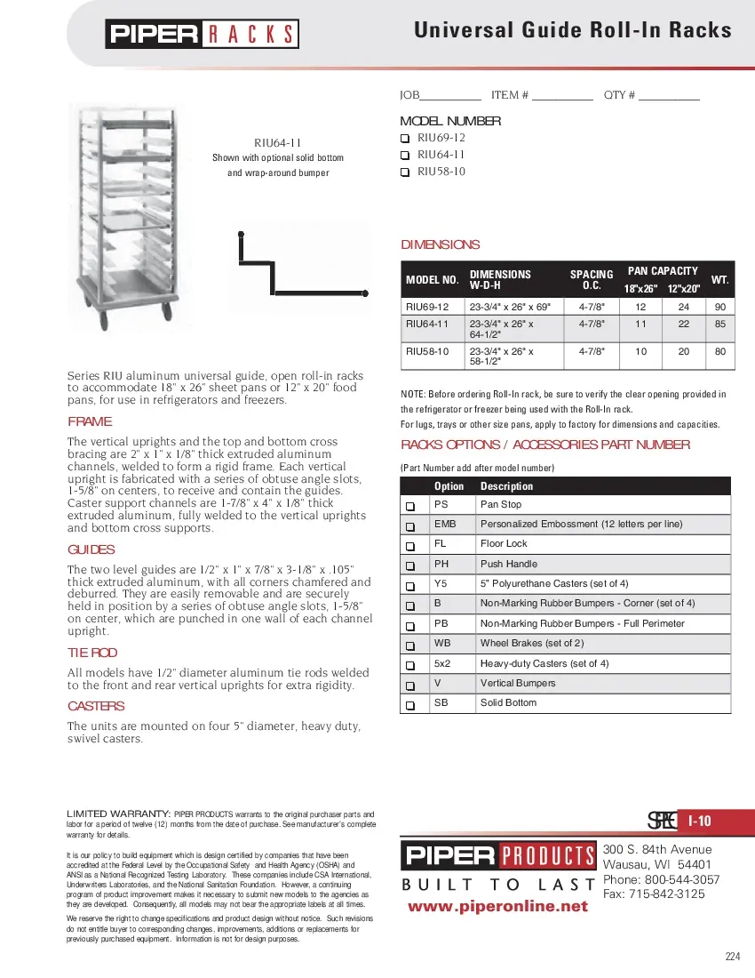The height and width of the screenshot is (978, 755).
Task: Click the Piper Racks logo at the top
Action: pos(203,34)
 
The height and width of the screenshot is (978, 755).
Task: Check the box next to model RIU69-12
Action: pos(404,139)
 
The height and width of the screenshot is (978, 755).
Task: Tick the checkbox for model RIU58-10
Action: pos(404,172)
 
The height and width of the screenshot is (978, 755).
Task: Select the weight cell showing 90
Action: pos(719,307)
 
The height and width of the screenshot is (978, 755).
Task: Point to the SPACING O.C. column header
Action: pos(592,280)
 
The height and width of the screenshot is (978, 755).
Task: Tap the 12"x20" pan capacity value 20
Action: pos(684,351)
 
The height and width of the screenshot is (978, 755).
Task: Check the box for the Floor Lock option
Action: pos(410,545)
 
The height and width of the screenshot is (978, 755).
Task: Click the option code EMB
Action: pos(444,524)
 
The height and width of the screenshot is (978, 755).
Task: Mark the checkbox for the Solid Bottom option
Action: pos(410,704)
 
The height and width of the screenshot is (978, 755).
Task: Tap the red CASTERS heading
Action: pos(96,706)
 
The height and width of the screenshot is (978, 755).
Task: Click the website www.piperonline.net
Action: pos(497,906)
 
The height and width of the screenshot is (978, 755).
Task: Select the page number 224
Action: pos(732,957)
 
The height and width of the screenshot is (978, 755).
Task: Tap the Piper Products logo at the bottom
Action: pos(498,857)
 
